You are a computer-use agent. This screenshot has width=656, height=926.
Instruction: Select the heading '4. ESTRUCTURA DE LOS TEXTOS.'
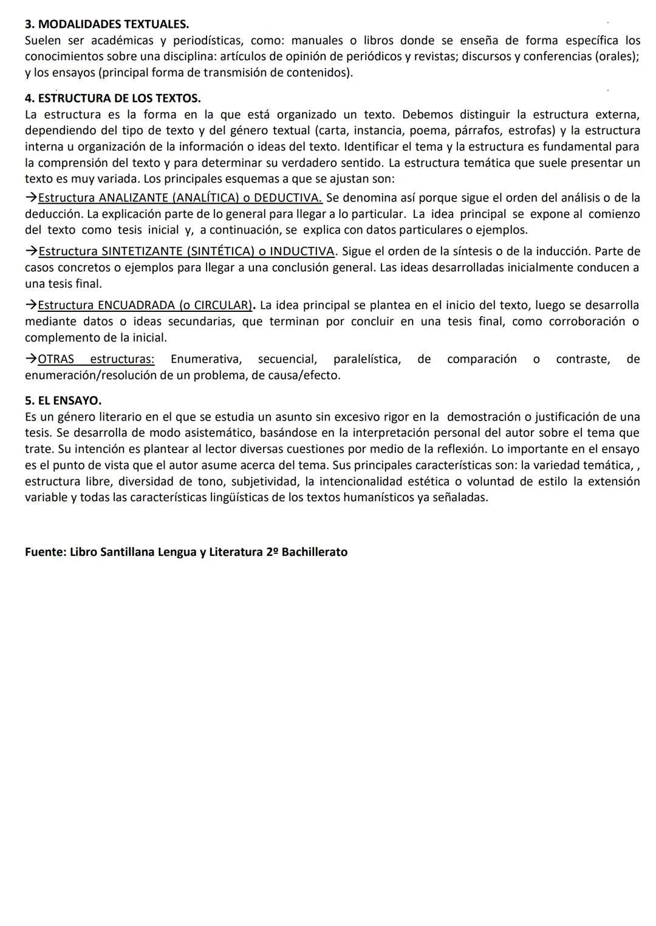coord(113,98)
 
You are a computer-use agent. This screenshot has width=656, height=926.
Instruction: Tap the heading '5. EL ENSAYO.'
coord(63,401)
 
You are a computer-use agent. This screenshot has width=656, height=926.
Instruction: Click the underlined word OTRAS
coord(56,359)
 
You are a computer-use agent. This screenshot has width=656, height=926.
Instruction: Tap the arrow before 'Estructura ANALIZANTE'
coord(31,198)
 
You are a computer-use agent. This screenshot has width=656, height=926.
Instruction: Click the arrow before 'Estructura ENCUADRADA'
coord(31,305)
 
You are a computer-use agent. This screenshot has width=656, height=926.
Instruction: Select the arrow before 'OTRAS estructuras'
coord(31,359)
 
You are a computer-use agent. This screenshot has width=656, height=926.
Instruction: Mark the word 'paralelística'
coord(367,359)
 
